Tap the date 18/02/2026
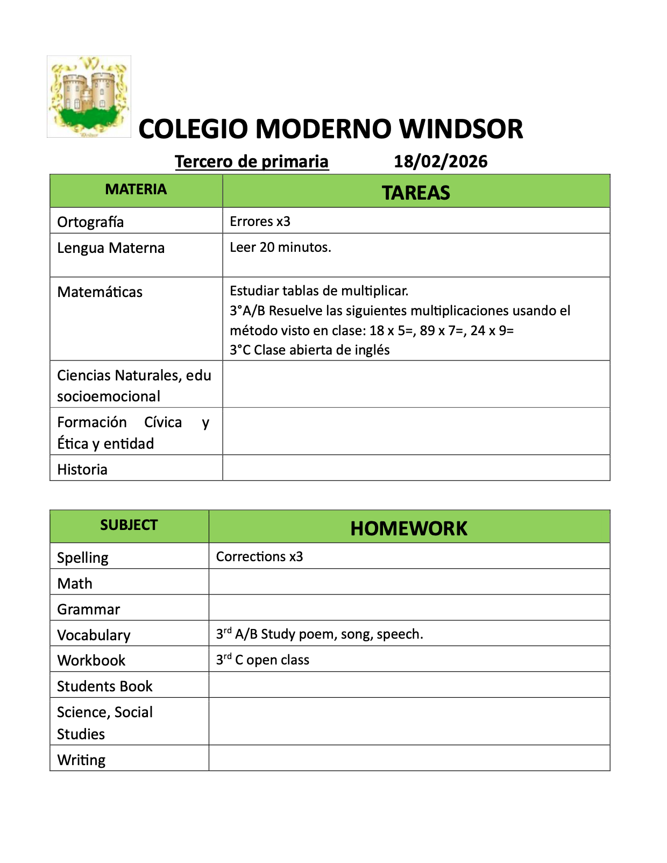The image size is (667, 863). coord(441,161)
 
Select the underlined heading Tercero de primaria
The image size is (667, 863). coord(252,161)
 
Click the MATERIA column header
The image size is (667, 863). coord(136,189)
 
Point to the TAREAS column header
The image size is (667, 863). coord(416,193)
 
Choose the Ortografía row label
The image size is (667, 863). coord(90,222)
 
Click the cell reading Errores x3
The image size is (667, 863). coord(260,221)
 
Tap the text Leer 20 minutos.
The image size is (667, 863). coord(280,247)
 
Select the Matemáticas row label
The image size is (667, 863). coord(100,292)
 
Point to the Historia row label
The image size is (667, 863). coord(82,469)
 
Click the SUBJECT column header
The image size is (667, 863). coord(129,525)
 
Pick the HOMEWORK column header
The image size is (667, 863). coord(409,528)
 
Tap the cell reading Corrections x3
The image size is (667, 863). coord(259,556)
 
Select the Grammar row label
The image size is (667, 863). coord(89,609)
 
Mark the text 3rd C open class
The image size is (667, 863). coord(262,660)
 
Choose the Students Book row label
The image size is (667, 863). coord(105,686)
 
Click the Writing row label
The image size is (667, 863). coord(81,760)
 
